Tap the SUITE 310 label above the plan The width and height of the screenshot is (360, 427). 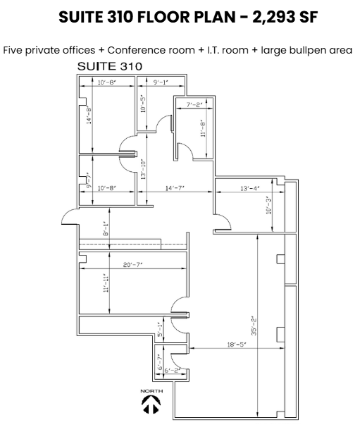click(109, 66)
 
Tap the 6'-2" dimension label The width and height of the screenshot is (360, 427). click(171, 371)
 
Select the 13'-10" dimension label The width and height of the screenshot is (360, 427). click(143, 171)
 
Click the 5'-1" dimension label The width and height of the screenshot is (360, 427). click(160, 328)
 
